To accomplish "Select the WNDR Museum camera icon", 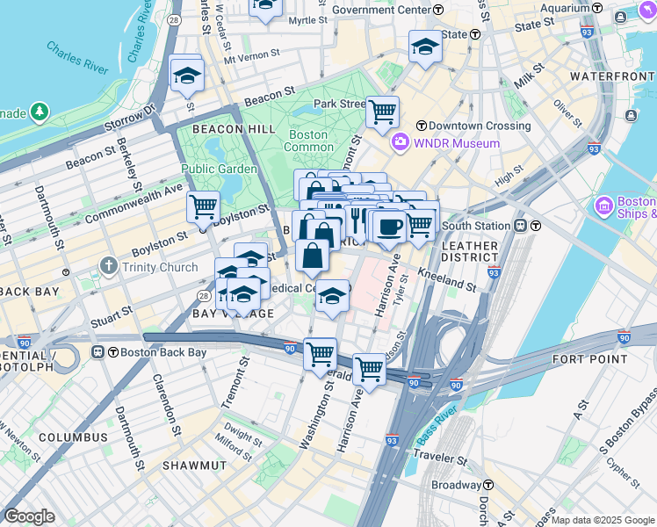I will (401, 142).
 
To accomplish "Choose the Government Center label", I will (380, 10).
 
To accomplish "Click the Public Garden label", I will (220, 169).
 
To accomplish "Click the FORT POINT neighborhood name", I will (589, 359).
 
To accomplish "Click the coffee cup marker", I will (389, 226).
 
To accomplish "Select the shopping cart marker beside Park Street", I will (382, 112).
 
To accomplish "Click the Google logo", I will (29, 516).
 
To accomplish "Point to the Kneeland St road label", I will (447, 278).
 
